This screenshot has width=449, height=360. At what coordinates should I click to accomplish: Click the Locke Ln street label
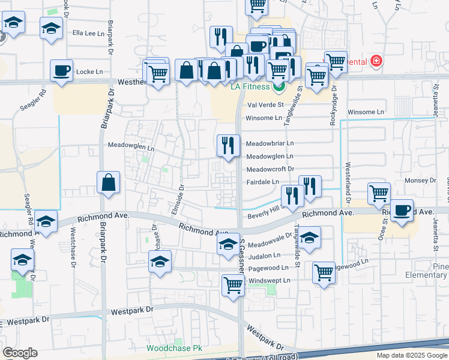point(91,71)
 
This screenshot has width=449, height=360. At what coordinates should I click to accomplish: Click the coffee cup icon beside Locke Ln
point(62,71)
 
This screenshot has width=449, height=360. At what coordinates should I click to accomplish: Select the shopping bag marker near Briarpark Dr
point(109,183)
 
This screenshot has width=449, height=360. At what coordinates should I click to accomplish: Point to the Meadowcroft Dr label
point(270,169)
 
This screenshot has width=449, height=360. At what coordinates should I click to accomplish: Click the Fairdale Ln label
point(263,182)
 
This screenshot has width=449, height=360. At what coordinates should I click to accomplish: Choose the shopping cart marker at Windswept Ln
point(233,286)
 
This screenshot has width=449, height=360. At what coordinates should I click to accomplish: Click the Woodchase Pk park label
point(175,348)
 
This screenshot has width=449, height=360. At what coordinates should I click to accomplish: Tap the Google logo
point(20,353)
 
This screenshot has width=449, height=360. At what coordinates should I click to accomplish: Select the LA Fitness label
point(252,87)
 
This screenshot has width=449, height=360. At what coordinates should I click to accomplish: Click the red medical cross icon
point(376,61)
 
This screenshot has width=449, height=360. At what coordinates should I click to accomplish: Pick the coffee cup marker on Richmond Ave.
point(402,211)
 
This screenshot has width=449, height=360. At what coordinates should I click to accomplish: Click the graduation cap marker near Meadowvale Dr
point(228,245)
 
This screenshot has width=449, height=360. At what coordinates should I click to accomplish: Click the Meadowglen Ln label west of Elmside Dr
point(131,145)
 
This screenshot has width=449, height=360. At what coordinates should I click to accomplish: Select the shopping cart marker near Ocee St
point(379,194)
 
